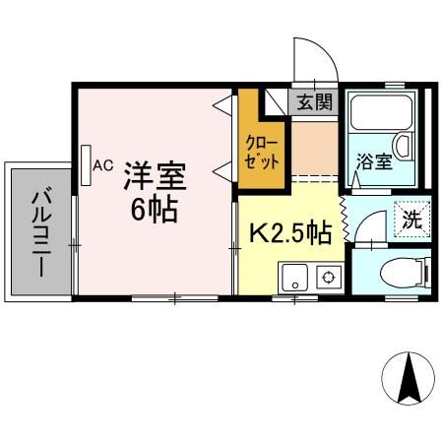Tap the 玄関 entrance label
pos(315,100)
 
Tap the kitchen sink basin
pos(295,278)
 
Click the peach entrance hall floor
pos(314,144)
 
